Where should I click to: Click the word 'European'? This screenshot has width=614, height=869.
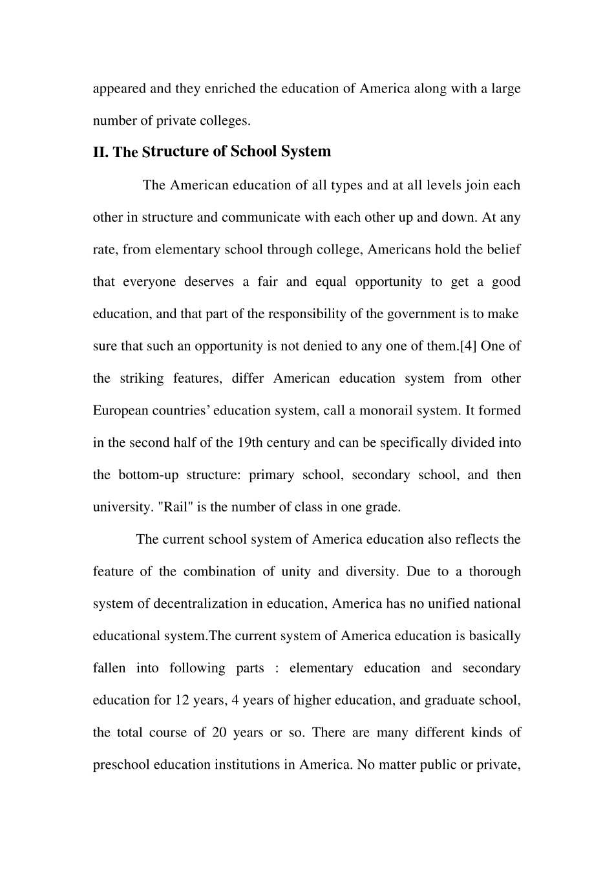pos(121,411)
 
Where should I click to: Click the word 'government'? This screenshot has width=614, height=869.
pos(421,314)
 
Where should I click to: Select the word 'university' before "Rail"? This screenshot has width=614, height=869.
pos(122,507)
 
